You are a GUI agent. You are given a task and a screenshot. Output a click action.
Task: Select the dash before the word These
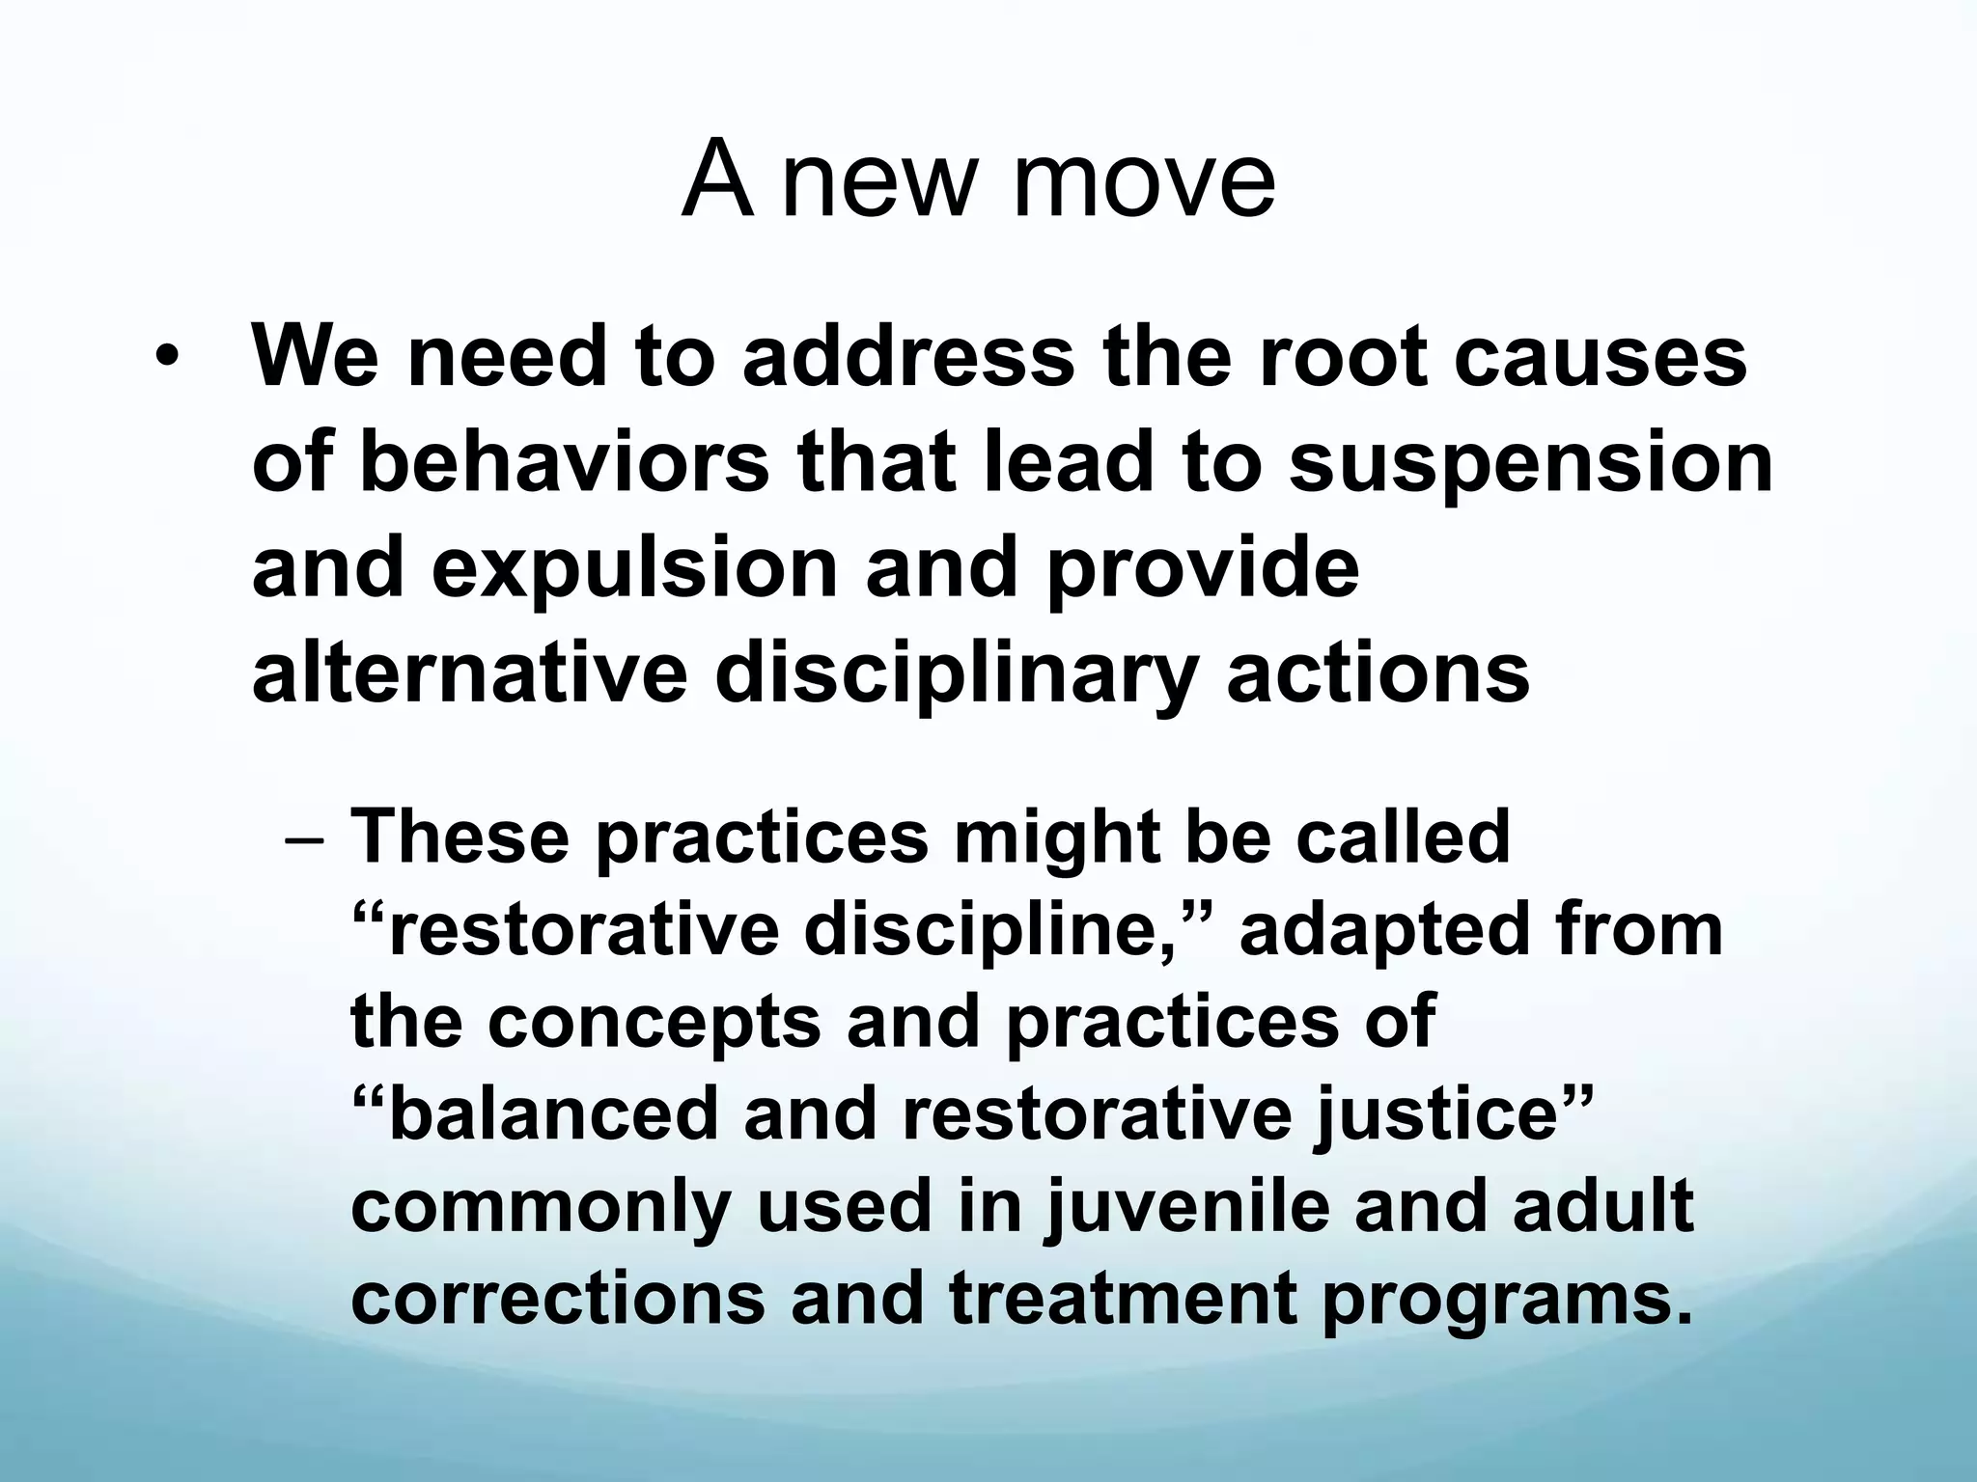(x=307, y=837)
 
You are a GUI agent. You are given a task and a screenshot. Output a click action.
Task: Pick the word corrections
(x=557, y=1298)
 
